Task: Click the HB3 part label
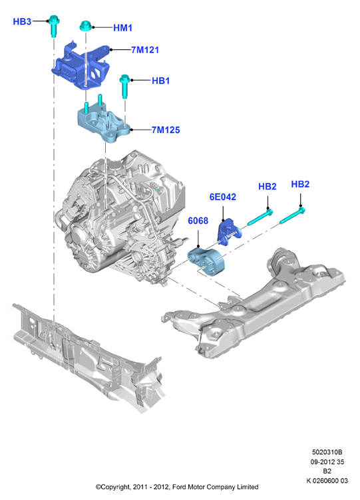22,21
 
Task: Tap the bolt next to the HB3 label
53,25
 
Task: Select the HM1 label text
123,28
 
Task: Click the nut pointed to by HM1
86,26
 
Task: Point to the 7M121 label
145,50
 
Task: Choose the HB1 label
160,80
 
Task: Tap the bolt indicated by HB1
124,86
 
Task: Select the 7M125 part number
165,130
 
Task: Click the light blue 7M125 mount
103,122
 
